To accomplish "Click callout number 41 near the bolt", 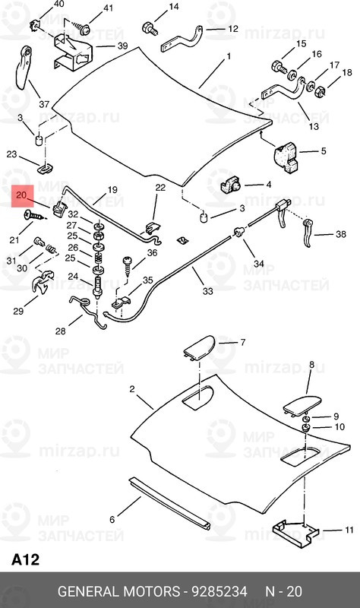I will [x=108, y=9].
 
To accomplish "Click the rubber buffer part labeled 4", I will [x=231, y=184].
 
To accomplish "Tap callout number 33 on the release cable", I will [x=207, y=290].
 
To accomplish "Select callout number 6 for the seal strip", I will [x=112, y=520].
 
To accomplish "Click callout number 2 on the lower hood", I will [x=131, y=389].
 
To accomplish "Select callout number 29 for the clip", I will [x=18, y=311].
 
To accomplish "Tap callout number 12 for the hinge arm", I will [x=232, y=30].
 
